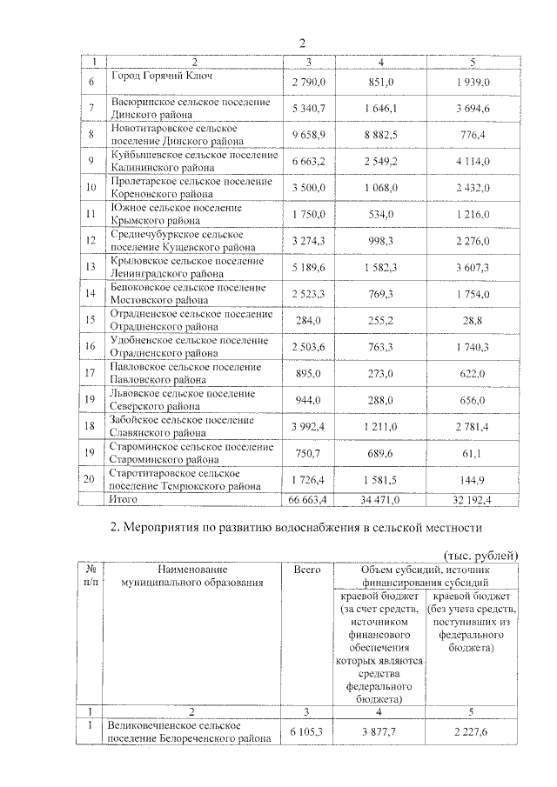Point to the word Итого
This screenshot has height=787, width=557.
(x=122, y=499)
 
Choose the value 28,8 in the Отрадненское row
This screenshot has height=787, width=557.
(x=473, y=319)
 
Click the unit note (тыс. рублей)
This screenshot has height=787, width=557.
(x=480, y=555)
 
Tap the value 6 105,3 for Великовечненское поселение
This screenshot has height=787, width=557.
(x=306, y=732)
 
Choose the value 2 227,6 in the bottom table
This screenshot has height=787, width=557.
(x=473, y=732)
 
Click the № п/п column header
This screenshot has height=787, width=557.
(x=90, y=575)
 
